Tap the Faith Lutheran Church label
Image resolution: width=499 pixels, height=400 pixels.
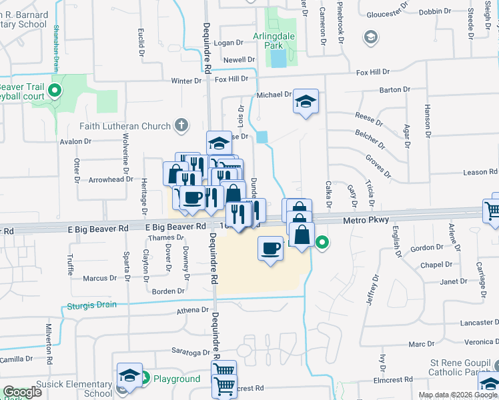pos(125,125)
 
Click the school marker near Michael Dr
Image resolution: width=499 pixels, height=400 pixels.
pos(306,101)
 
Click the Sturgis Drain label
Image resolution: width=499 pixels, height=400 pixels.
pos(91,305)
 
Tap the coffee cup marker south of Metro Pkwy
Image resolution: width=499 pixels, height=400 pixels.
pos(270,249)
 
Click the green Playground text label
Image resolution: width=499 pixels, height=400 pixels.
pos(177,379)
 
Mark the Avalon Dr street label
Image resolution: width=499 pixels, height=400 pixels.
pos(75,141)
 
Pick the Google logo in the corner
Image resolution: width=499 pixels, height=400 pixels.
pos(22,392)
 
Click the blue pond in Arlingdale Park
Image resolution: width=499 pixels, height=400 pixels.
pos(277,59)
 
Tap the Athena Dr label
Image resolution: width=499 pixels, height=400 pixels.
pos(193,310)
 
